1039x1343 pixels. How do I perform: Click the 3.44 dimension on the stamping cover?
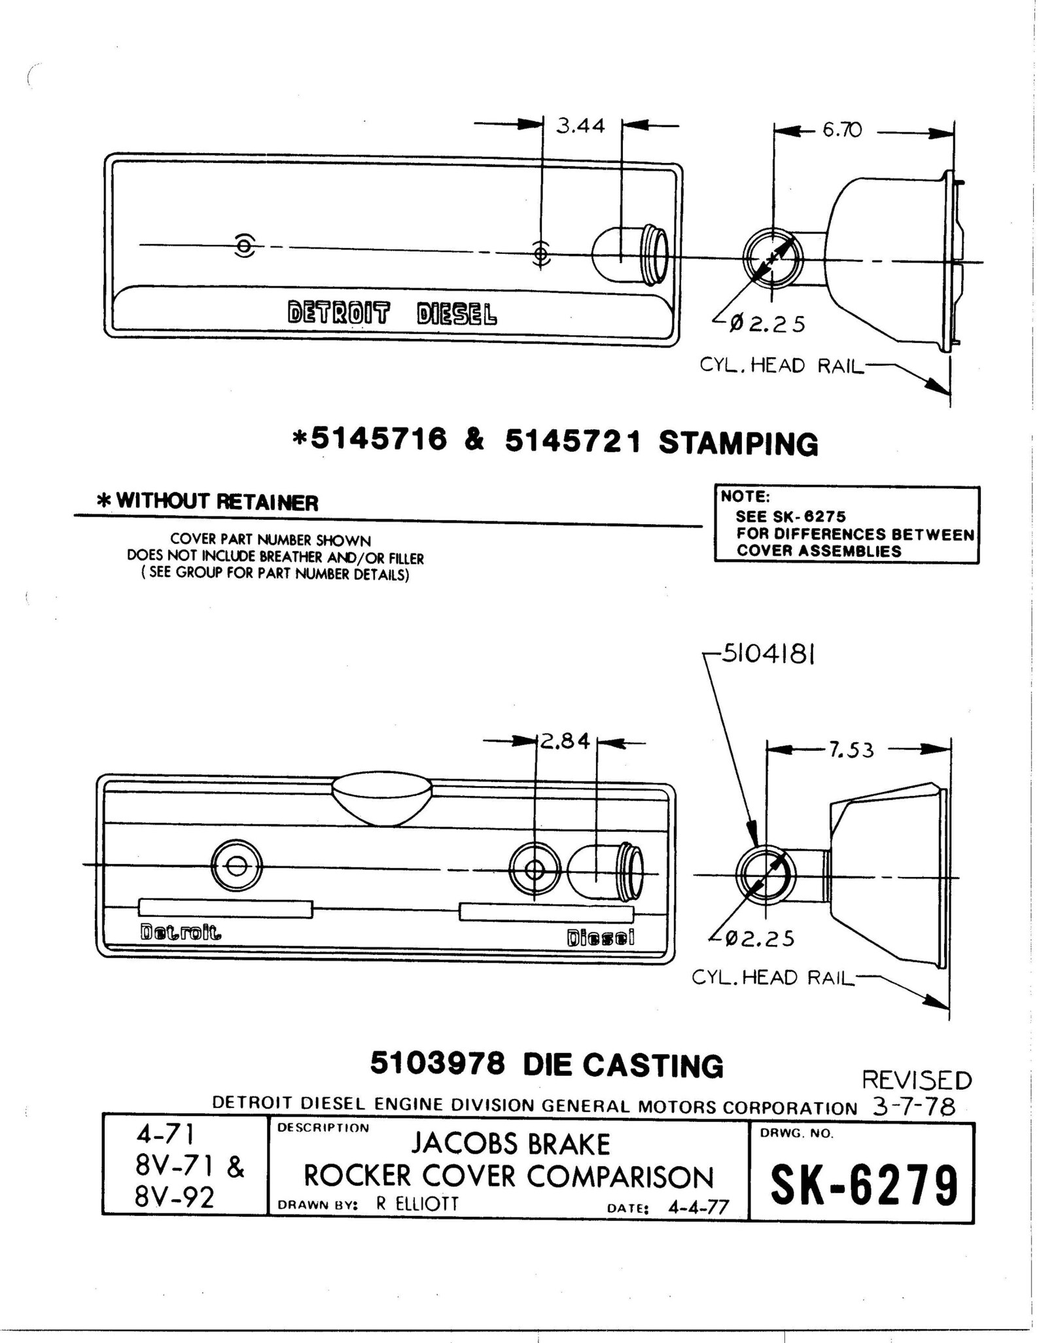pyautogui.click(x=580, y=126)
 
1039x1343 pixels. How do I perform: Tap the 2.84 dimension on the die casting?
pyautogui.click(x=565, y=742)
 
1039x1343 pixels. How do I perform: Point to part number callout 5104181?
pyautogui.click(x=767, y=654)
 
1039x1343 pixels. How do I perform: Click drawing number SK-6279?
pyautogui.click(x=864, y=1186)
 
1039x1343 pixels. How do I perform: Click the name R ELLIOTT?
pyautogui.click(x=417, y=1204)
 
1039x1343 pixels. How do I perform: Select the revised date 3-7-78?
pyautogui.click(x=913, y=1107)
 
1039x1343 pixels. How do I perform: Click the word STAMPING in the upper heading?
pyautogui.click(x=738, y=444)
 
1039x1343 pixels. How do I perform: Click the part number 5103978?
pyautogui.click(x=437, y=1064)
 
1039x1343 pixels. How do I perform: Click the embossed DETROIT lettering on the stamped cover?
pyautogui.click(x=338, y=313)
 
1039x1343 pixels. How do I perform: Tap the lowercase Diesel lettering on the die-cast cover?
pyautogui.click(x=600, y=938)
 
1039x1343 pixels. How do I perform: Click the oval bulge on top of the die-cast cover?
pyautogui.click(x=382, y=797)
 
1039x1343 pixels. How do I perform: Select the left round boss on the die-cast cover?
pyautogui.click(x=236, y=865)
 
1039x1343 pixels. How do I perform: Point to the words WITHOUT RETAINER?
pyautogui.click(x=217, y=502)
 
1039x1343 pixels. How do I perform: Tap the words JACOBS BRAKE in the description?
pyautogui.click(x=510, y=1144)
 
